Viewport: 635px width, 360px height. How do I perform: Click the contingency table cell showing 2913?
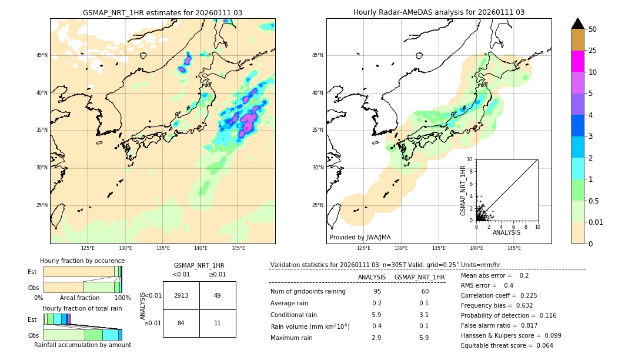click(x=181, y=295)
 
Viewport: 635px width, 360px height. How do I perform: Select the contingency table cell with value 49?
click(x=218, y=295)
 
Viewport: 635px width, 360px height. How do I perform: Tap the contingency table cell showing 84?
click(x=181, y=323)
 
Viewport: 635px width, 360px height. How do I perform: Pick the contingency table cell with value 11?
click(x=218, y=323)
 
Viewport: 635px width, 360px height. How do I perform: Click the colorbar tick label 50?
click(x=593, y=29)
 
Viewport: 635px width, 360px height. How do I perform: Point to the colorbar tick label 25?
click(x=593, y=51)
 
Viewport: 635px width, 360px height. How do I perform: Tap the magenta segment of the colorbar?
click(x=577, y=61)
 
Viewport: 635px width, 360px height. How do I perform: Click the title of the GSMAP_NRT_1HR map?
click(x=162, y=12)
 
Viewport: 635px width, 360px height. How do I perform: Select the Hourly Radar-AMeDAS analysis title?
click(x=439, y=12)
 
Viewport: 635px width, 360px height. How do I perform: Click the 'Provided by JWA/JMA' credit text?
click(x=360, y=237)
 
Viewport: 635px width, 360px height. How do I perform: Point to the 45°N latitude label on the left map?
click(x=42, y=55)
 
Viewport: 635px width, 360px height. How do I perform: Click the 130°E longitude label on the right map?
click(x=401, y=248)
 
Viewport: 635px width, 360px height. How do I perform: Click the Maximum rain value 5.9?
click(x=423, y=338)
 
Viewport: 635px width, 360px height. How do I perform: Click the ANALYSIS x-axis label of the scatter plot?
click(x=506, y=232)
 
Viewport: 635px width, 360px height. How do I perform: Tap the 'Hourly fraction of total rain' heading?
click(x=82, y=308)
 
